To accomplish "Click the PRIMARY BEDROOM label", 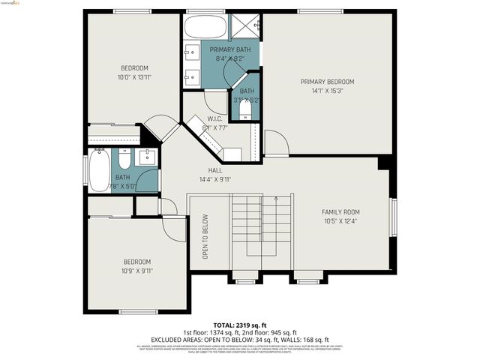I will [x=327, y=82].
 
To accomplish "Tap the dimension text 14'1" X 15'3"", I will [x=327, y=91].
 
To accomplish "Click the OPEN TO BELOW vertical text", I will [x=205, y=237].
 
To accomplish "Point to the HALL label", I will [x=215, y=170].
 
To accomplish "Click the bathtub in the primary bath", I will [x=204, y=28].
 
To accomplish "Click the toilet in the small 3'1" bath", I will [x=246, y=109].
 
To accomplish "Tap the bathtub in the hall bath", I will [x=99, y=170].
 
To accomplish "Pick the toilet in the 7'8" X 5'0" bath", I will [x=123, y=157].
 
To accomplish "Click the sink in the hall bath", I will [x=146, y=157].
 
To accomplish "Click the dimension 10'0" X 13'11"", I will [x=134, y=77].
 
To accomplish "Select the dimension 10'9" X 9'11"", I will [x=137, y=271].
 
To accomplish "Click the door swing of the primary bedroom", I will [x=275, y=142].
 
